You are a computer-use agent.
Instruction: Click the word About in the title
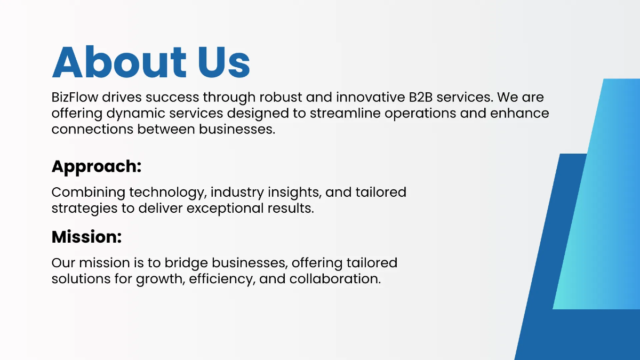(x=119, y=62)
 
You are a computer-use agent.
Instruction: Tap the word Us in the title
(x=224, y=62)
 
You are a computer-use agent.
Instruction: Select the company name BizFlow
(x=75, y=97)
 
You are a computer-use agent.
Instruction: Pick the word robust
(x=281, y=97)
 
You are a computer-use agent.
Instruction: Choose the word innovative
(x=371, y=97)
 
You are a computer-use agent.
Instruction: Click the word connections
(x=92, y=129)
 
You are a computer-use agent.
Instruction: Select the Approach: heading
(x=97, y=166)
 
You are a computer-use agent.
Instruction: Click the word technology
(x=168, y=193)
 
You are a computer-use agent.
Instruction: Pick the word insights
(x=294, y=193)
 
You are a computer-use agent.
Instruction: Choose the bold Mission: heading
(x=86, y=237)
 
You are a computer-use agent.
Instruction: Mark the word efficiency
(x=222, y=279)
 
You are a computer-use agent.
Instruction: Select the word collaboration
(x=335, y=279)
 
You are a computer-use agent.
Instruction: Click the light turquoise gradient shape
(x=603, y=194)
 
